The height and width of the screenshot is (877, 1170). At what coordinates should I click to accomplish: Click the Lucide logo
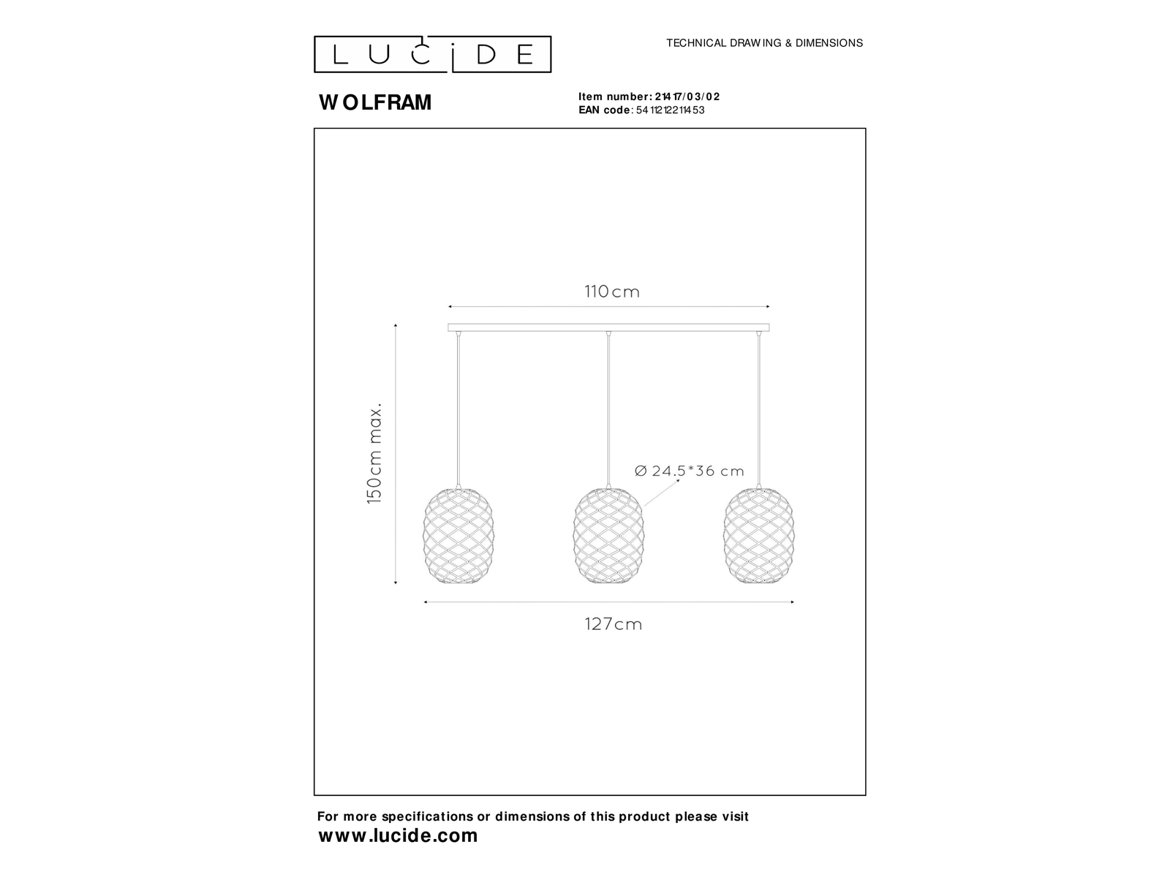[432, 54]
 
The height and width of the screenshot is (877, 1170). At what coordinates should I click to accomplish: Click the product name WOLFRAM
[375, 102]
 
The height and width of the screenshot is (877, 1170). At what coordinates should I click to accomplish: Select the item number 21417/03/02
[687, 96]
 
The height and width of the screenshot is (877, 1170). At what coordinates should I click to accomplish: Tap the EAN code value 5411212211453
[670, 110]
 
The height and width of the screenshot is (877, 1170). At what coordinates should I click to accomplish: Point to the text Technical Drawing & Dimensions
[764, 43]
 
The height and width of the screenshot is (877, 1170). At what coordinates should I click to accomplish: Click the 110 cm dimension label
[612, 292]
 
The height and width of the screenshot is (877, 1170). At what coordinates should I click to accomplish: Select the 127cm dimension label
[614, 624]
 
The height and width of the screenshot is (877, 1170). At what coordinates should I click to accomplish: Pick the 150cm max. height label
[374, 454]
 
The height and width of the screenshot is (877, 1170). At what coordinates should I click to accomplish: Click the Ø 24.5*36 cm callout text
[690, 471]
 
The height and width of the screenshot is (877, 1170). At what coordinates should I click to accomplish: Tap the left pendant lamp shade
[458, 535]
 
